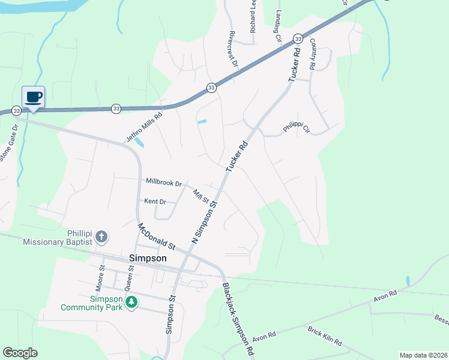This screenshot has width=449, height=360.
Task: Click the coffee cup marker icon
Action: [x=34, y=97]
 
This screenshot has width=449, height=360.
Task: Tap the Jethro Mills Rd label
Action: [x=144, y=128]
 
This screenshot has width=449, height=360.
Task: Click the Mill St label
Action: [x=200, y=196]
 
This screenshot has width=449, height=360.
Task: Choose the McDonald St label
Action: [x=156, y=237]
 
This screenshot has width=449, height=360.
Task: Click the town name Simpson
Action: [x=148, y=258]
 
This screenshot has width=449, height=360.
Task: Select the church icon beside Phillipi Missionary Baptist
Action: [x=101, y=236]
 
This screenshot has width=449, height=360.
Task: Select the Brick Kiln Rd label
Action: [x=324, y=335]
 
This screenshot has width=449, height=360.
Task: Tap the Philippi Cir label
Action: [x=297, y=128]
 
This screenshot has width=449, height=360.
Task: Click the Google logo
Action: [x=20, y=353]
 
